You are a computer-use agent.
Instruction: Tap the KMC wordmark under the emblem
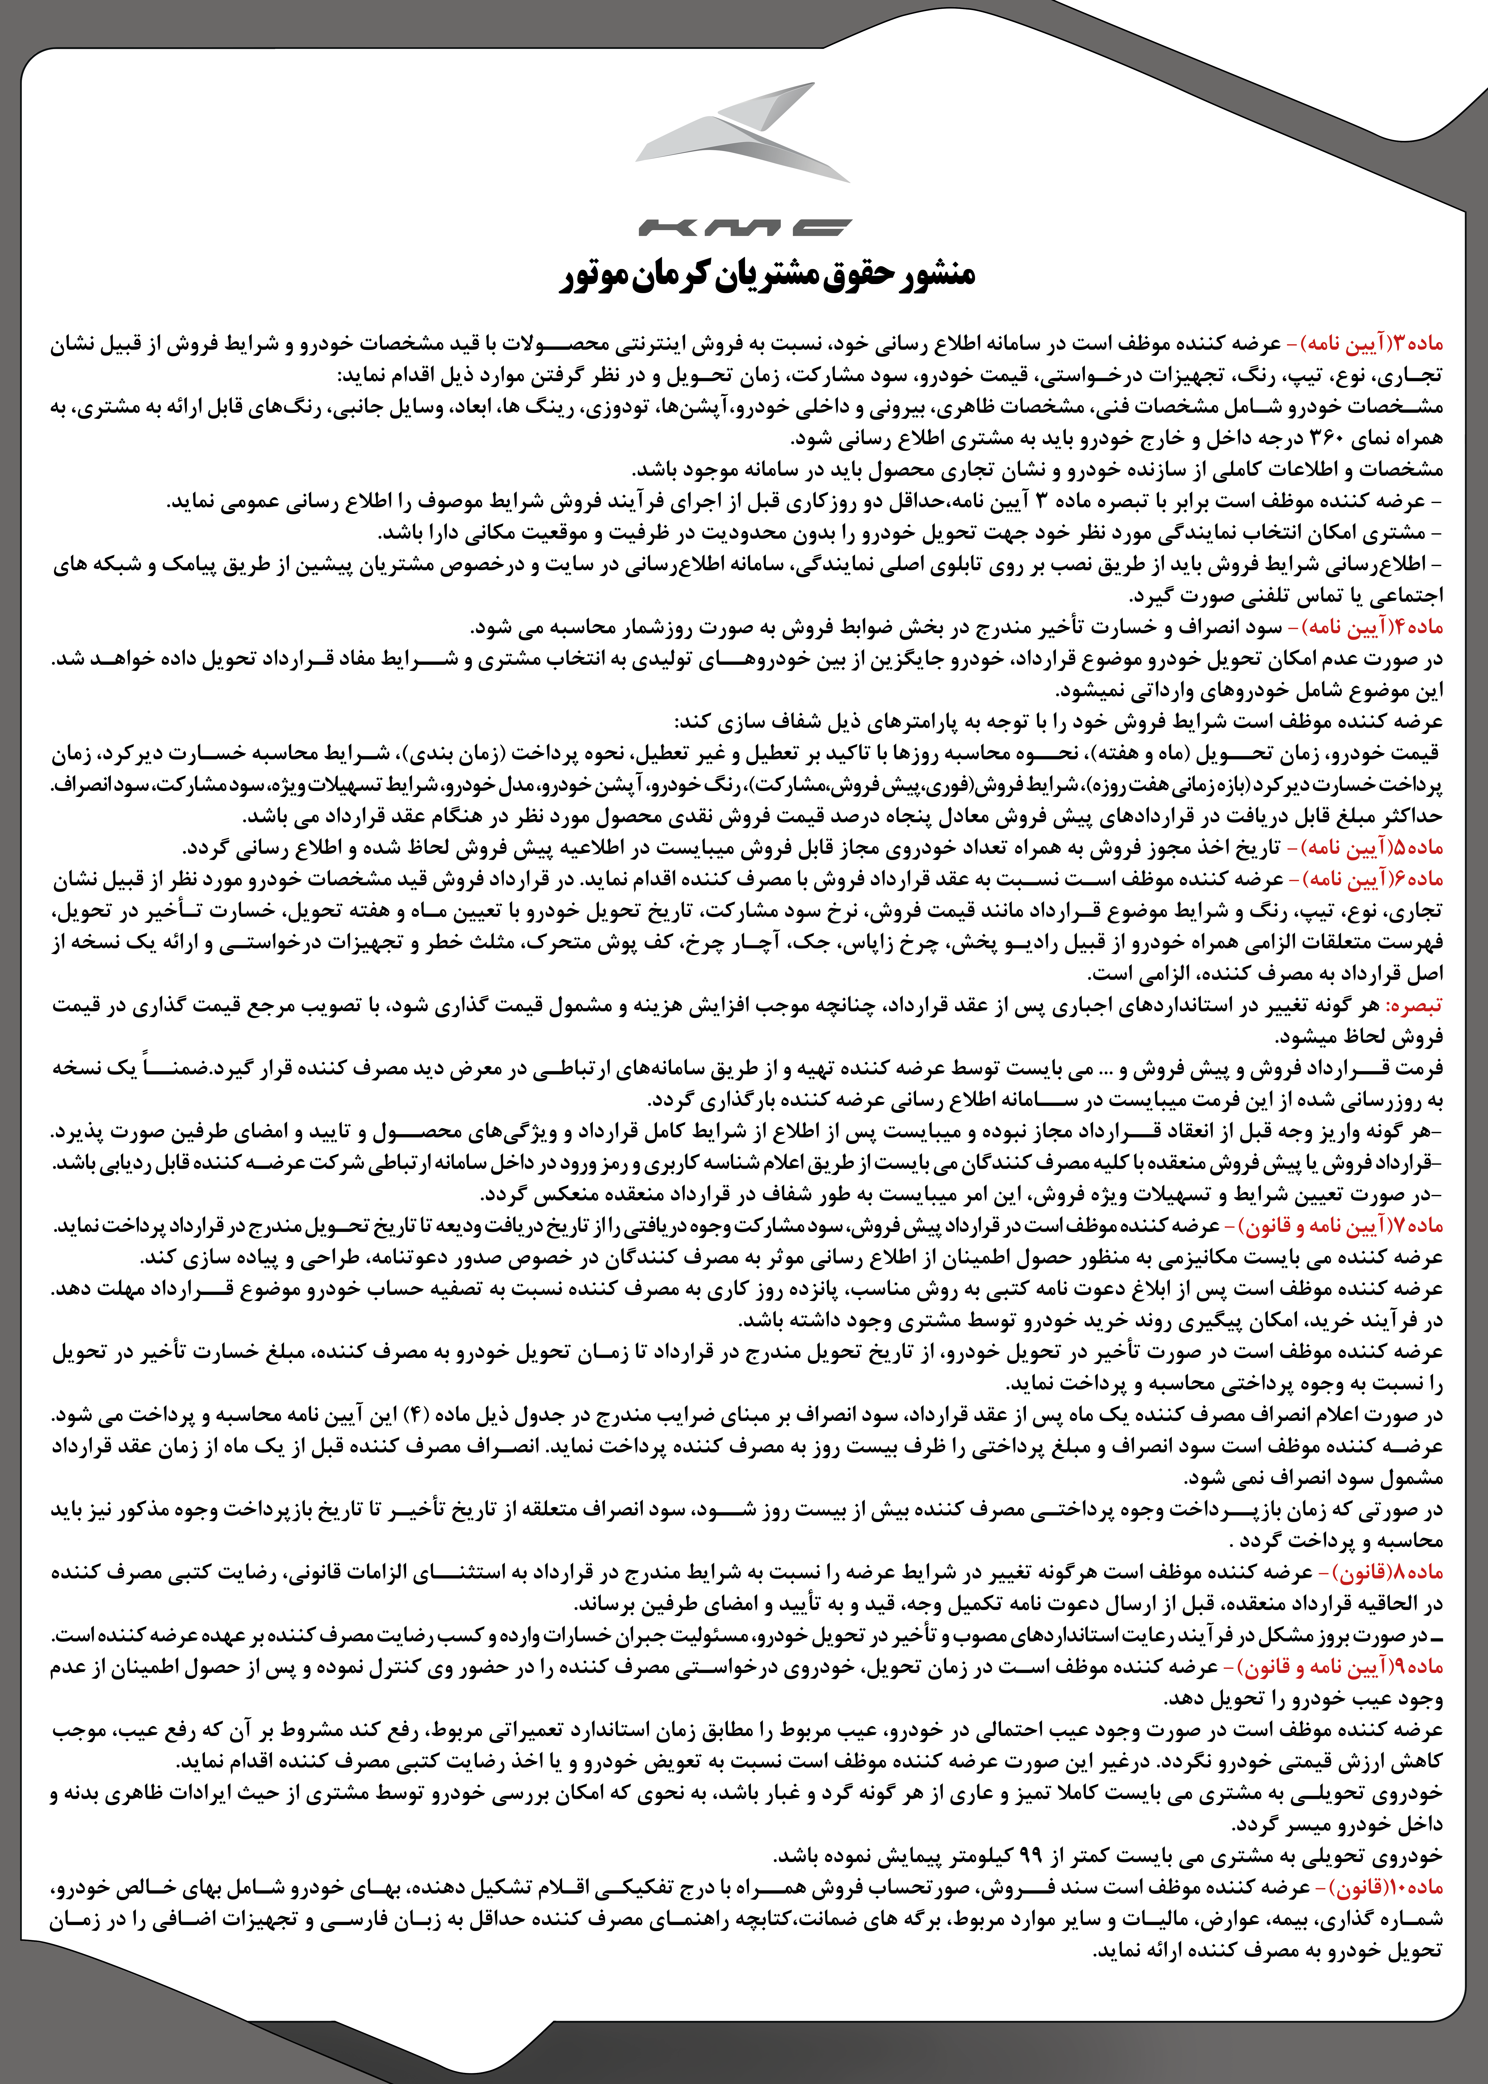(x=744, y=226)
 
